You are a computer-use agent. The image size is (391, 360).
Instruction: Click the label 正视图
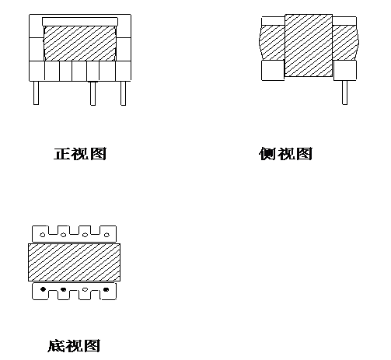click(80, 154)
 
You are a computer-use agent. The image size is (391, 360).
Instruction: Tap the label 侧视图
click(285, 154)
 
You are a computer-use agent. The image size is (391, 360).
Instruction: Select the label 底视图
click(74, 346)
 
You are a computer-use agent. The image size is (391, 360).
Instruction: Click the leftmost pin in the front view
click(36, 93)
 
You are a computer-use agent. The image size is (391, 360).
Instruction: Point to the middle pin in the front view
click(93, 93)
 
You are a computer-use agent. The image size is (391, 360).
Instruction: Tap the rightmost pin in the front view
click(124, 93)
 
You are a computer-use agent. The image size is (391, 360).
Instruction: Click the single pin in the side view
click(344, 93)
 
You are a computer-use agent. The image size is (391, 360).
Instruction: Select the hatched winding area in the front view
click(80, 44)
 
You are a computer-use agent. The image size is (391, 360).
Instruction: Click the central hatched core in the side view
click(309, 45)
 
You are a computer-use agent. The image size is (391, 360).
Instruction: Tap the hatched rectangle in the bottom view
click(74, 262)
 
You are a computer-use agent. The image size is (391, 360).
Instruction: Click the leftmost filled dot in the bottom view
click(43, 289)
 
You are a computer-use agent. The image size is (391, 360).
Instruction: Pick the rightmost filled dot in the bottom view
click(106, 289)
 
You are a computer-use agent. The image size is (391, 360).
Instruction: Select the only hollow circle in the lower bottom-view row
click(85, 289)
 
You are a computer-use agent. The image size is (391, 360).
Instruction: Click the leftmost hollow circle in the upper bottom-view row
click(43, 235)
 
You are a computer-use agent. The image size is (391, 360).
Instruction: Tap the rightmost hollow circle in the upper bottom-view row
click(106, 235)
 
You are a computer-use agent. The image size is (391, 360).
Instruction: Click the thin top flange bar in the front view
click(80, 22)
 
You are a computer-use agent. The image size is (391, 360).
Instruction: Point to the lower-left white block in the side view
click(273, 70)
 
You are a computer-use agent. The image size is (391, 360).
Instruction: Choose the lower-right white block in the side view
click(345, 70)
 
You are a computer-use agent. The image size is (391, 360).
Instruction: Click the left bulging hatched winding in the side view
click(272, 43)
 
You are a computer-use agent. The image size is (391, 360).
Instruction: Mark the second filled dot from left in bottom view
click(63, 289)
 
